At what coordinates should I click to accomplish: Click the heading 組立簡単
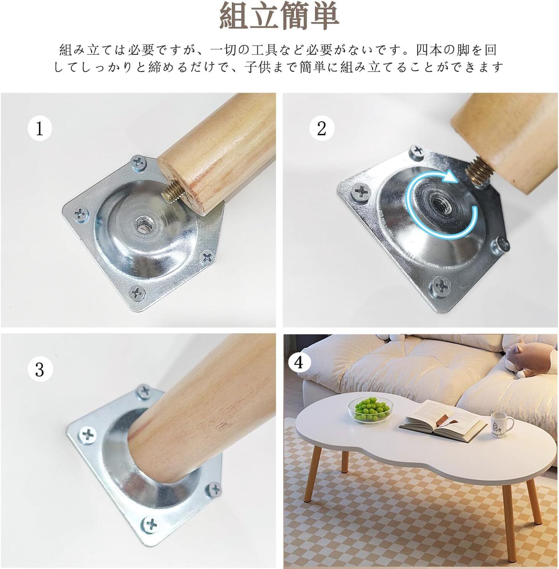pos(279,17)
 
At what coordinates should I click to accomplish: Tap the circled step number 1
pos(40,129)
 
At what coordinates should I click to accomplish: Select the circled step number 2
pos(321,128)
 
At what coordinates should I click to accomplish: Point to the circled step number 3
pos(40,369)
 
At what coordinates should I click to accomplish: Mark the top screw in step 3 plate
pos(144,391)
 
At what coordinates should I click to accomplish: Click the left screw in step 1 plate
pos(80,212)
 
